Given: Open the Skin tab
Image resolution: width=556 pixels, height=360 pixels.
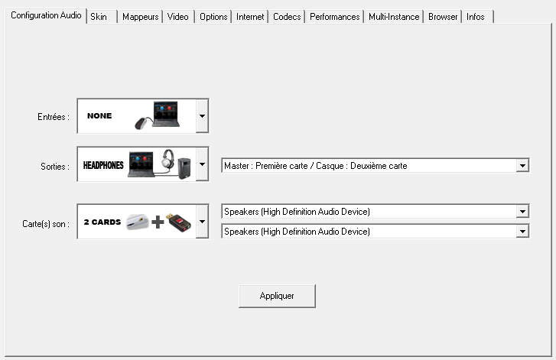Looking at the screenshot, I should coord(99,16).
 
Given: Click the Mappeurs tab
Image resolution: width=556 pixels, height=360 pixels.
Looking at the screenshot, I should coord(139,16).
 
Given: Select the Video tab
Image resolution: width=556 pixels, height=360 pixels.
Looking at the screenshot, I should coord(177,16).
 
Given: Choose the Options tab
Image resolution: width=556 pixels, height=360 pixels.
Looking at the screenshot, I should coord(213,16).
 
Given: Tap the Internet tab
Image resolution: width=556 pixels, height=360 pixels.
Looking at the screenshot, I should coord(250,16).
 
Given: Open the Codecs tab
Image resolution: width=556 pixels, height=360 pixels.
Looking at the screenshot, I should coord(287,16).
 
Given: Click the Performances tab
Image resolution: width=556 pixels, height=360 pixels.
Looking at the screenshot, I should coord(335,16).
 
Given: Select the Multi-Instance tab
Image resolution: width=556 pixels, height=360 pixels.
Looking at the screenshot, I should coord(394,16).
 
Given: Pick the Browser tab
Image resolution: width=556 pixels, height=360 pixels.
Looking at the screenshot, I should coord(443,16).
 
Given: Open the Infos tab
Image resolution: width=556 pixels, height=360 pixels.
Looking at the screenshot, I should coord(476,16).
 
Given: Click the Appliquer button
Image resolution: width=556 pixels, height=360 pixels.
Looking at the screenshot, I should coord(277,296).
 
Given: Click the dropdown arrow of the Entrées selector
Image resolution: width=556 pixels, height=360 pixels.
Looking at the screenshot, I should coord(202,116).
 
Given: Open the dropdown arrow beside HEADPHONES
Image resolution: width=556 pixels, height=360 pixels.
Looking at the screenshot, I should coord(202,164).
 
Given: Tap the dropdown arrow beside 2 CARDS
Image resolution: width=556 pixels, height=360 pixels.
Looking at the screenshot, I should coord(202,222).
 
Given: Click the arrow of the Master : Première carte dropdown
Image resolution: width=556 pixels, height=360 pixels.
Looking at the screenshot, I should coord(523,165).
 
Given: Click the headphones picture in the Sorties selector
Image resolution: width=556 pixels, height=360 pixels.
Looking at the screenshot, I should coord(167,161).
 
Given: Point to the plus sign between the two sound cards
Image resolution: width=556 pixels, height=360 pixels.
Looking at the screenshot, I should coord(158,222).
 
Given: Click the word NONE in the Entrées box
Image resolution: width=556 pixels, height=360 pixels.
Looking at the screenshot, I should coord(99,116).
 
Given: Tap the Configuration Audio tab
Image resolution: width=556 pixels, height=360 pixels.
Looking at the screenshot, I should coord(46,15).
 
